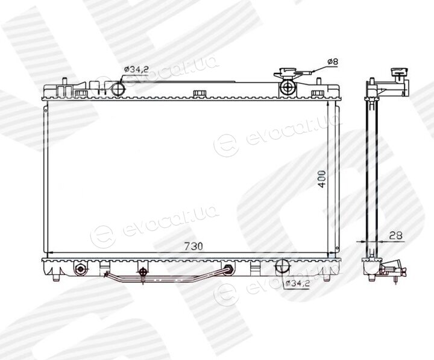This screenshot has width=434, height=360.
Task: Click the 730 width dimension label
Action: [x=193, y=246]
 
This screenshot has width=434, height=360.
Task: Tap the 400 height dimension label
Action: [x=322, y=179]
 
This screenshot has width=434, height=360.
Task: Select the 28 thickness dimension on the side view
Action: [x=395, y=236]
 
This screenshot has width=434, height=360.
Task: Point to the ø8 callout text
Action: [x=333, y=62]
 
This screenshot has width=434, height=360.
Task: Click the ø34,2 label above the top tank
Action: [x=136, y=69]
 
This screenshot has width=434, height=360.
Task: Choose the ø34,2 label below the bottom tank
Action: [x=297, y=283]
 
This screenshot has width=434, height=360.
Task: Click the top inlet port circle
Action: [x=118, y=88]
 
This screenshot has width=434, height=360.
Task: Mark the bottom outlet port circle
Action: [x=282, y=267]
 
